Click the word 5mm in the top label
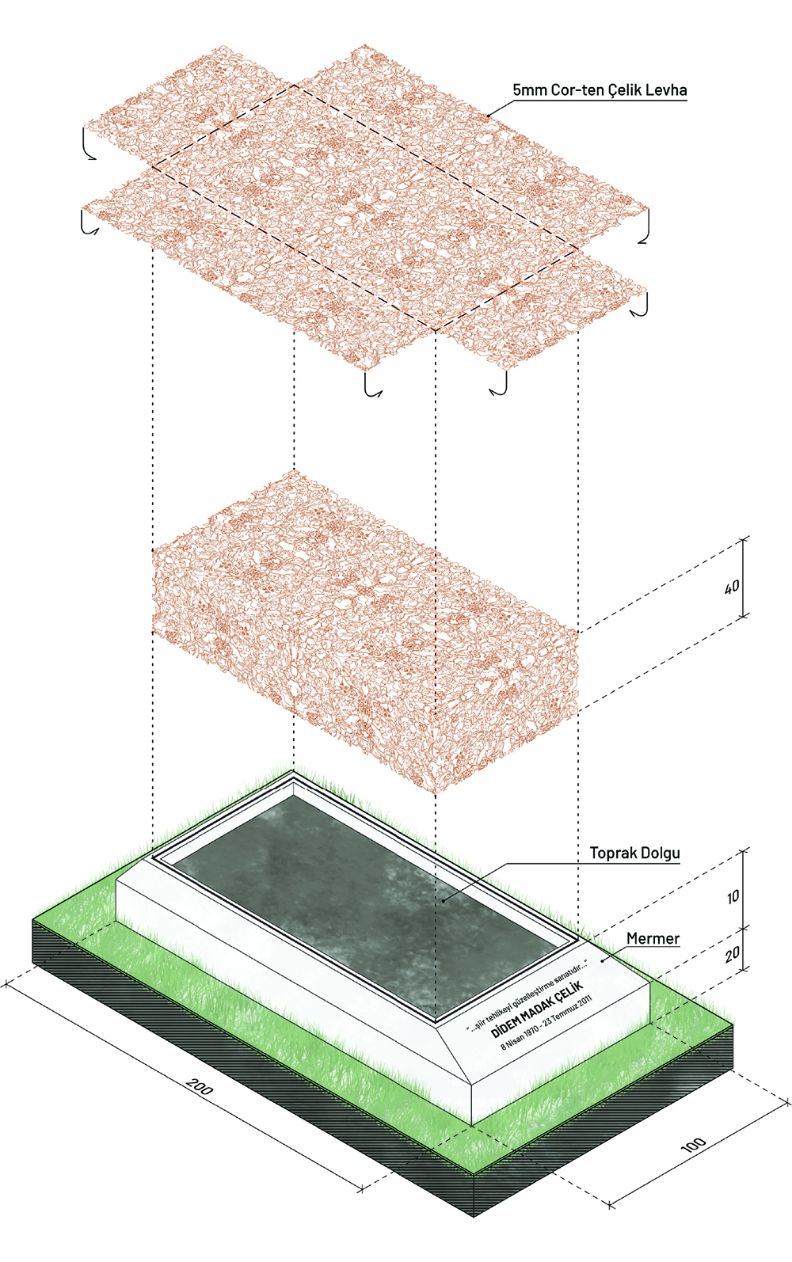click(x=530, y=90)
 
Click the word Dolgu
click(x=661, y=853)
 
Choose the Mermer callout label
click(x=653, y=939)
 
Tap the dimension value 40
click(x=732, y=587)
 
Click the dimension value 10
click(x=733, y=897)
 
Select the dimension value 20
click(x=733, y=954)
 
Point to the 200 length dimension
click(x=200, y=1087)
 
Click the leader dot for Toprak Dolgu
click(x=444, y=899)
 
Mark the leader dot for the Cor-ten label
click(x=488, y=116)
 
